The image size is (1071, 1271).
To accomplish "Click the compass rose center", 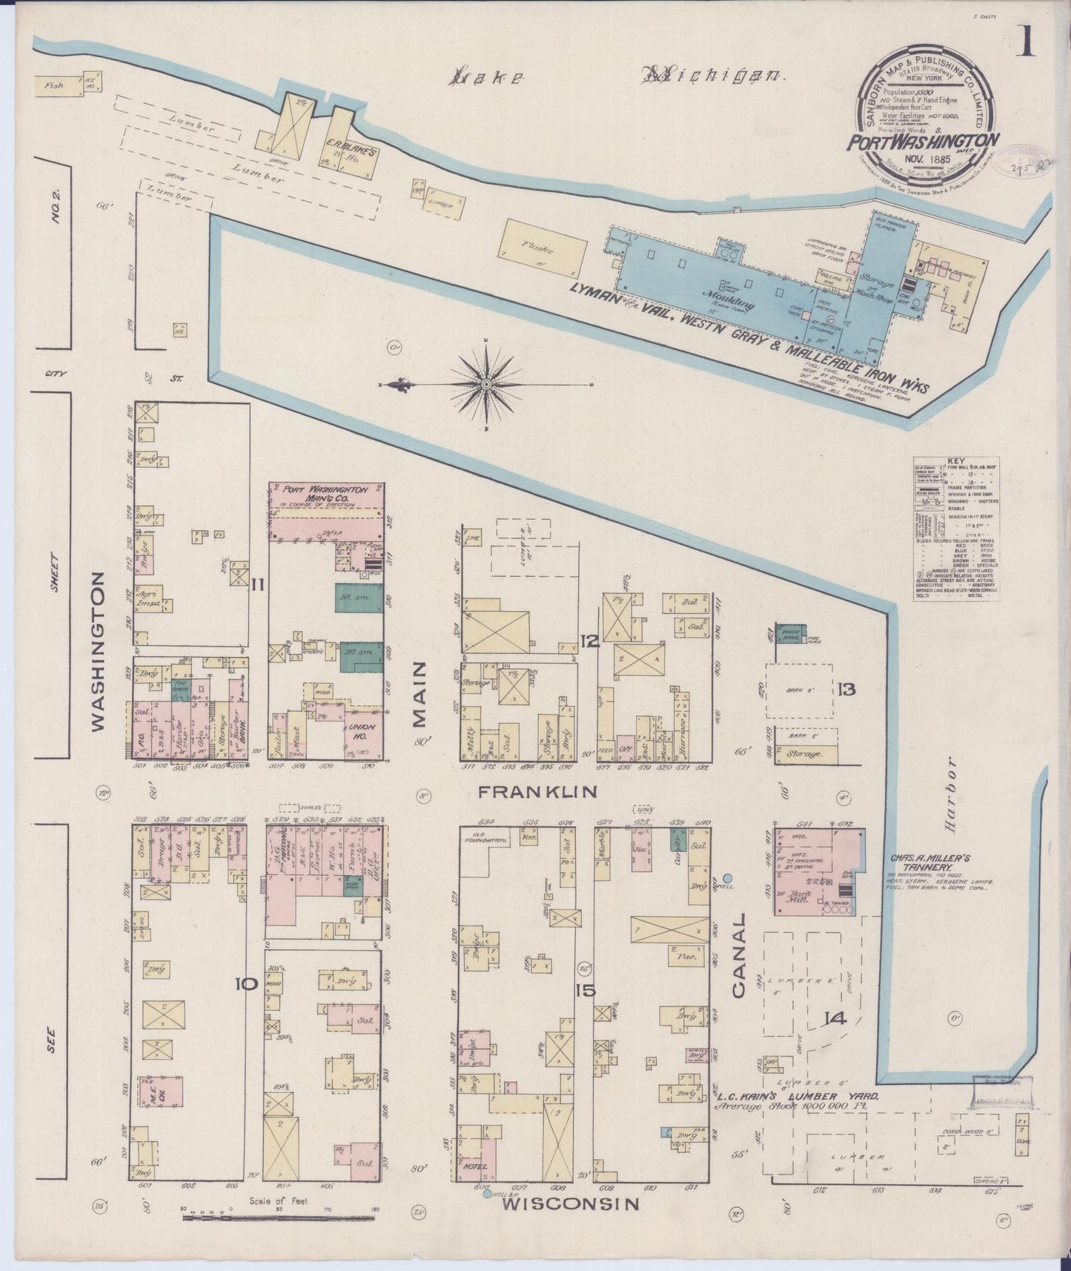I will (x=485, y=384).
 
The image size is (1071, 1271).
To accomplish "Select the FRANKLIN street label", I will (x=537, y=792).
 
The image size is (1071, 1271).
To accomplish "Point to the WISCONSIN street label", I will (x=569, y=1204).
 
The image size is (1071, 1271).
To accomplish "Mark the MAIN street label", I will (x=420, y=694).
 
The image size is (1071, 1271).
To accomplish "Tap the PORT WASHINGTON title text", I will (x=924, y=141).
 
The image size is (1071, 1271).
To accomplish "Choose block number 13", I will (x=846, y=690).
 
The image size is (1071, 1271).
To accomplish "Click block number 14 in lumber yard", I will (x=835, y=1018).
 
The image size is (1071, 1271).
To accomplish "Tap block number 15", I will (x=585, y=989).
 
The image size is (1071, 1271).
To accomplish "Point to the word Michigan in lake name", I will (x=714, y=74).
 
